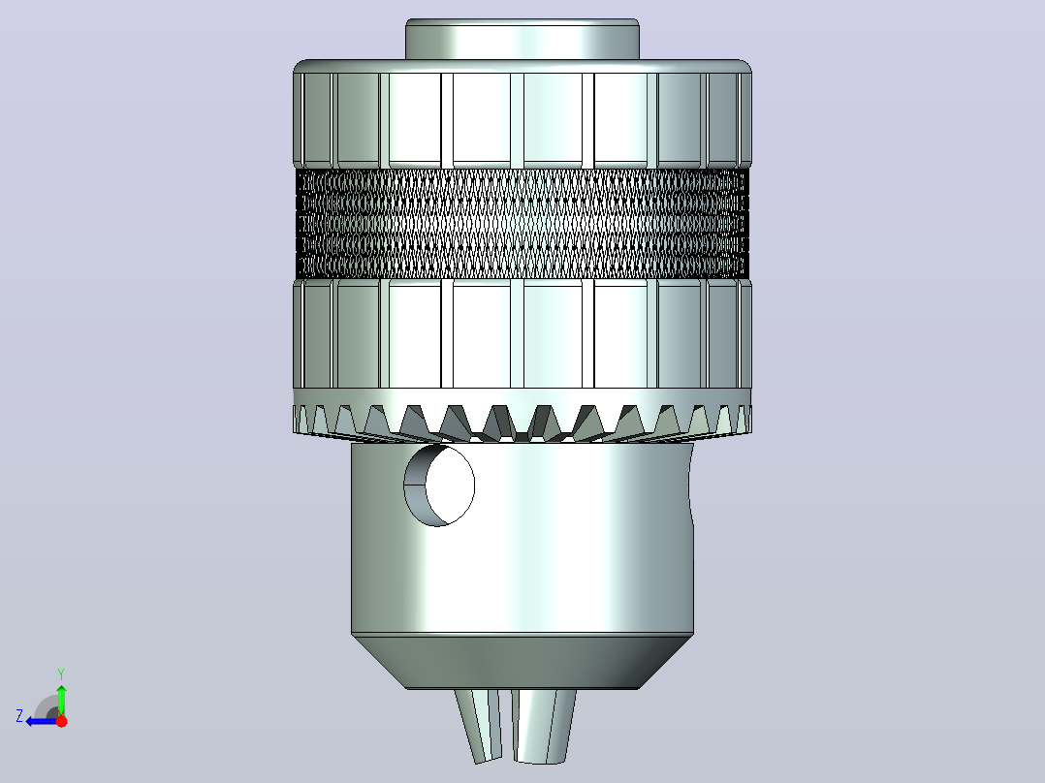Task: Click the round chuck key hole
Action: click(439, 485)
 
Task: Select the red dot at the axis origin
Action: click(61, 721)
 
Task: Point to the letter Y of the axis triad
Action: click(61, 673)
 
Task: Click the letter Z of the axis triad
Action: click(19, 716)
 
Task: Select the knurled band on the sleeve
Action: click(522, 223)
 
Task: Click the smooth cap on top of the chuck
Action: click(522, 40)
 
